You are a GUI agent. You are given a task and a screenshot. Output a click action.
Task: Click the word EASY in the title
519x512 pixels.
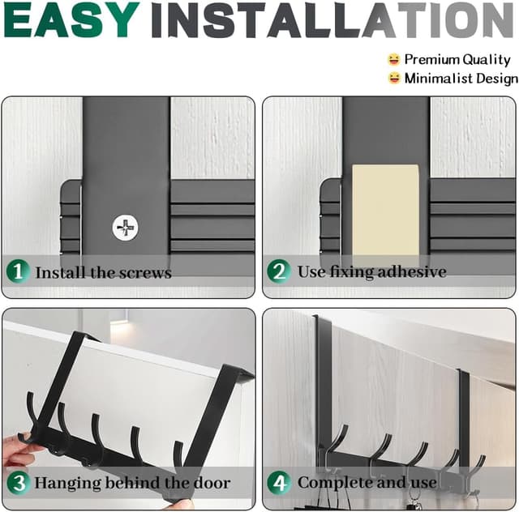72,19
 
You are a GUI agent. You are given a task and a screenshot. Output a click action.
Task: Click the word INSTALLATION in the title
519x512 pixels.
332,19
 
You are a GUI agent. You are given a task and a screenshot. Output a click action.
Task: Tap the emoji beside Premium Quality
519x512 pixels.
394,59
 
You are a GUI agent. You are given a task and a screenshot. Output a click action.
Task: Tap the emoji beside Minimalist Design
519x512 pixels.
394,78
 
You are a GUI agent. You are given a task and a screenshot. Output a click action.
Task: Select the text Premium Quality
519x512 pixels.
457,59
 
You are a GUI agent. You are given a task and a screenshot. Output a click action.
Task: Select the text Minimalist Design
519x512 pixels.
461,79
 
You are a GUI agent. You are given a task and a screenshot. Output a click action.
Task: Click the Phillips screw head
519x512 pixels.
125,228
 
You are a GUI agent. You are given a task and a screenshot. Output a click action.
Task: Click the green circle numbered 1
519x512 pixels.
18,271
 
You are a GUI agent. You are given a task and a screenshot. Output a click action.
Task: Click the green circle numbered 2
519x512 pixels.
279,271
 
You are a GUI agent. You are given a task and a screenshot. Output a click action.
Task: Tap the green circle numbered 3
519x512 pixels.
19,483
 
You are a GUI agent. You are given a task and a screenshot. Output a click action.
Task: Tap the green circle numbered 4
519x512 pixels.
279,483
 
